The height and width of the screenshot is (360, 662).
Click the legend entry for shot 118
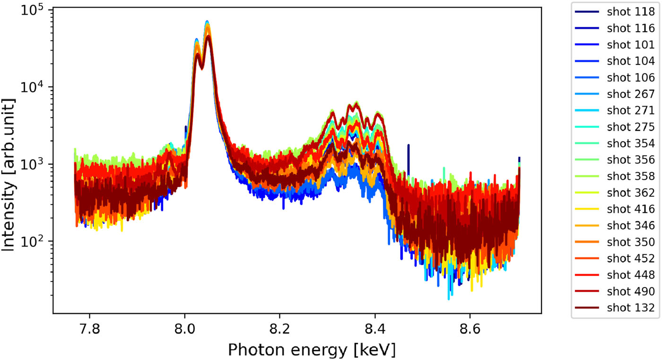pyautogui.click(x=615, y=12)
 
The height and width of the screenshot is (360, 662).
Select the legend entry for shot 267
pyautogui.click(x=615, y=94)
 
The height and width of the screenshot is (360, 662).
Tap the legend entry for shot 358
pyautogui.click(x=615, y=176)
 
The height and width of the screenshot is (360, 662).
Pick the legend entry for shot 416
pyautogui.click(x=615, y=209)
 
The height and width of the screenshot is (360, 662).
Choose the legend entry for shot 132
pyautogui.click(x=615, y=307)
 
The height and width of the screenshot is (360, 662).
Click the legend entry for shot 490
pyautogui.click(x=615, y=291)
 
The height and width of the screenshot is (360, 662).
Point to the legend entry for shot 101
pyautogui.click(x=615, y=44)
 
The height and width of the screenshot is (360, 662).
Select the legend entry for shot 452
pyautogui.click(x=615, y=258)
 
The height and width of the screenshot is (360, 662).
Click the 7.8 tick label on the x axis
pyautogui.click(x=90, y=329)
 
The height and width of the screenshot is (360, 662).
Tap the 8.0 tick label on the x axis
pyautogui.click(x=185, y=329)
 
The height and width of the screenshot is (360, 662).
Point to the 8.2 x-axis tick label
pyautogui.click(x=280, y=329)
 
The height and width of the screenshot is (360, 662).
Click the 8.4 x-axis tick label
pyautogui.click(x=375, y=329)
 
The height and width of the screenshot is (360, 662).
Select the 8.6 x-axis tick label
pyautogui.click(x=470, y=329)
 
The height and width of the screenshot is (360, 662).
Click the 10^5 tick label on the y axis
pyautogui.click(x=32, y=10)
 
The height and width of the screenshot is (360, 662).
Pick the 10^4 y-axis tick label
pyautogui.click(x=32, y=87)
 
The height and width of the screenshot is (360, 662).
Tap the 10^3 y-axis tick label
pyautogui.click(x=32, y=164)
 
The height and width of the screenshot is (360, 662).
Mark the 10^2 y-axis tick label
pyautogui.click(x=32, y=241)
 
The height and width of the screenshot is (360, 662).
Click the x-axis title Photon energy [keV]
pyautogui.click(x=312, y=350)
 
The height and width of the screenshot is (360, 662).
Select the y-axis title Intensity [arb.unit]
pyautogui.click(x=8, y=175)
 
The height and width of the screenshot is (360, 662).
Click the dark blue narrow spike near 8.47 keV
pyautogui.click(x=409, y=160)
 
